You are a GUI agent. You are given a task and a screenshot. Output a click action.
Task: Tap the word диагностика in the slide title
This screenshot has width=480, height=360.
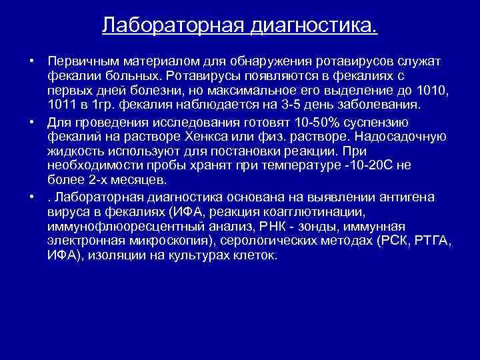coord(315,26)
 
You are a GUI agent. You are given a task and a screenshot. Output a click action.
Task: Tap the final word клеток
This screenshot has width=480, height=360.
coord(253,256)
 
